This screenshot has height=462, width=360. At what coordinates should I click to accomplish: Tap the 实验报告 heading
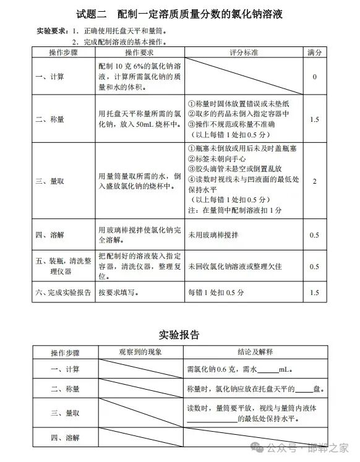179,335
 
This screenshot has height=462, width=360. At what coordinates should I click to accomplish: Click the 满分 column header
315,53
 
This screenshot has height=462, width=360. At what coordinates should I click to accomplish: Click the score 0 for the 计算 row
315,77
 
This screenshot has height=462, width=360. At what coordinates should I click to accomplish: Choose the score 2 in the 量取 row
315,181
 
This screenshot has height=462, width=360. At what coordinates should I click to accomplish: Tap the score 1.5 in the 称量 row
315,119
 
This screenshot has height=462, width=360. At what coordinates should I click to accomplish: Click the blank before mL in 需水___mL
267,370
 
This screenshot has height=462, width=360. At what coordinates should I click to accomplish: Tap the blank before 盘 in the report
304,390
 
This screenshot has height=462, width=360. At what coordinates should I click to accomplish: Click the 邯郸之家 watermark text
328,448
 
